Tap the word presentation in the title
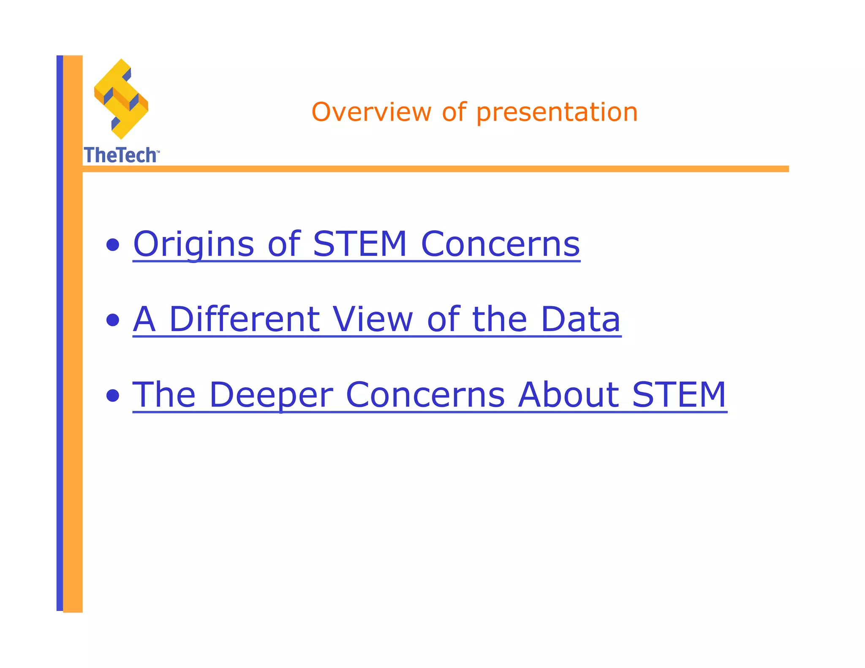point(557,113)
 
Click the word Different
point(244,319)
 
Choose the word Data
point(580,319)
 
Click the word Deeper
point(271,395)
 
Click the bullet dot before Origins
point(113,245)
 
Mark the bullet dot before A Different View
point(113,320)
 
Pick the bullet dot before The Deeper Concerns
point(113,396)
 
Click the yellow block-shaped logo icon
point(121,99)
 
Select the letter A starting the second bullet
point(144,319)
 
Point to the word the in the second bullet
point(500,319)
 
